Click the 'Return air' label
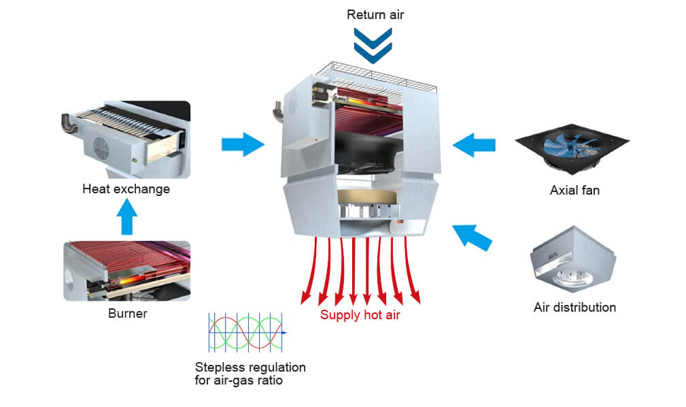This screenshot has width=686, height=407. coord(375,14)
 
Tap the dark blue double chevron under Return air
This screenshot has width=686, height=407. coord(373,45)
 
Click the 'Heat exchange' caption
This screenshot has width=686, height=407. coord(126,189)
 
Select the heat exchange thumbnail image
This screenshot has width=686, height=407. coord(126,139)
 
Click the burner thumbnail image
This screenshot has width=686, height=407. coord(126,270)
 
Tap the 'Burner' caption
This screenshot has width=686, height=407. coord(127,314)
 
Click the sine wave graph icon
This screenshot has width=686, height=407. coord(246,332)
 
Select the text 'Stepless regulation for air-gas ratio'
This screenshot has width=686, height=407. coord(250,374)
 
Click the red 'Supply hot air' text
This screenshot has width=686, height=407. coord(360,315)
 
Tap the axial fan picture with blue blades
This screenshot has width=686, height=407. coord(567,144)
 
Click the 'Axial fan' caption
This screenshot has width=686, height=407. coord(574,191)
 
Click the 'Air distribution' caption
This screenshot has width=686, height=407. coord(574,308)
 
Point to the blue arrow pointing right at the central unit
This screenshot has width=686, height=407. coord(243,144)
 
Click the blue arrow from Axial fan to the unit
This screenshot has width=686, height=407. coord(474,144)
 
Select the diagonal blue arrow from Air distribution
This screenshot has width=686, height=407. coord(472,236)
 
